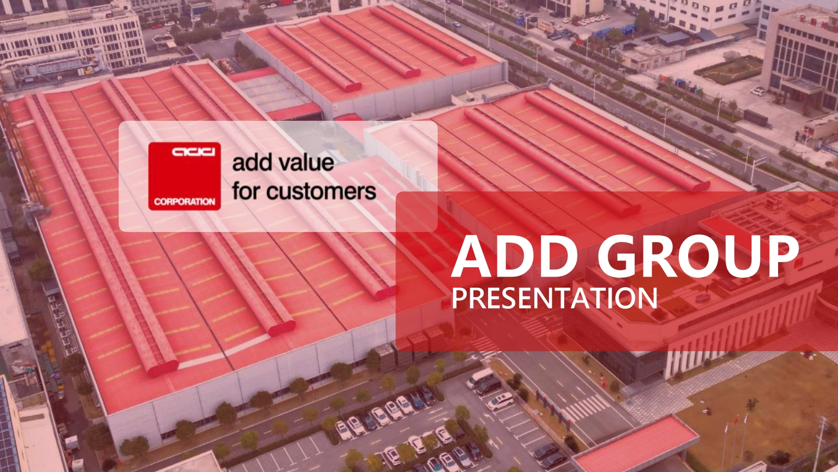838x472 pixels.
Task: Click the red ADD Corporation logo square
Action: tap(184, 176)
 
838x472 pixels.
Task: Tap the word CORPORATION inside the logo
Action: tap(184, 202)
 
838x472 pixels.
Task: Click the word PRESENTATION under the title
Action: tap(554, 298)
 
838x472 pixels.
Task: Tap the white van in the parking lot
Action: tap(480, 378)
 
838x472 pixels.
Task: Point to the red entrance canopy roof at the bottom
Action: tap(636, 443)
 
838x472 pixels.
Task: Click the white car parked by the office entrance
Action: tap(758, 91)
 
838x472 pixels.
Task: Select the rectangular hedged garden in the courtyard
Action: tap(728, 69)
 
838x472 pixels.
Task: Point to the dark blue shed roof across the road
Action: tap(674, 38)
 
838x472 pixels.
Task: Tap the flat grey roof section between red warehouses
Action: tap(274, 93)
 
